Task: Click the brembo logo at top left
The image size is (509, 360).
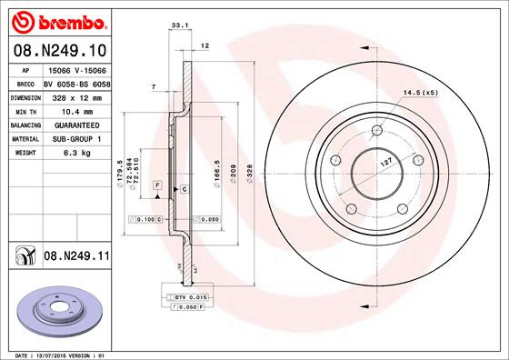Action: click(56, 19)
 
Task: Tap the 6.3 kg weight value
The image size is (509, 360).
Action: click(75, 154)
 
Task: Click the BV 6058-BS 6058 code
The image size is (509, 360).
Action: click(77, 82)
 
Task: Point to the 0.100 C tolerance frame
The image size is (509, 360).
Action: click(147, 219)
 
